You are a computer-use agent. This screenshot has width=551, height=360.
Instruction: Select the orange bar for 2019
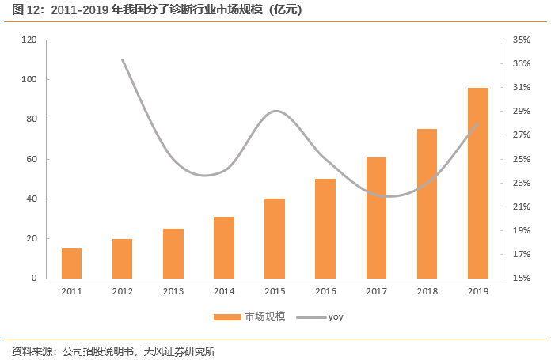[477, 183]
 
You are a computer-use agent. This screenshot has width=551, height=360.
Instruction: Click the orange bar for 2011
[72, 263]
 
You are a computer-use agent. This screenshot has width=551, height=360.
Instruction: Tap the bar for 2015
[275, 238]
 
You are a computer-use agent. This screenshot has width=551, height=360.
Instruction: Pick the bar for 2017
[376, 218]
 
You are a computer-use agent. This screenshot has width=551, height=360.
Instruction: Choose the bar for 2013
[173, 253]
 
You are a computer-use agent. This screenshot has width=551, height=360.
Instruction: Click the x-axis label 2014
[224, 291]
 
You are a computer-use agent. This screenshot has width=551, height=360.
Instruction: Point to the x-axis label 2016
[325, 291]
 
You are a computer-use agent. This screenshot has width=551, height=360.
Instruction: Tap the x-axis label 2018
[427, 291]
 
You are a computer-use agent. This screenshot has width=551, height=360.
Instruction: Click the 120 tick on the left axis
[29, 40]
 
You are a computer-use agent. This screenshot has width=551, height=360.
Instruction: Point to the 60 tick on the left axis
[32, 159]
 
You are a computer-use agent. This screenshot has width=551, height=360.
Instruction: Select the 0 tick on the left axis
[34, 279]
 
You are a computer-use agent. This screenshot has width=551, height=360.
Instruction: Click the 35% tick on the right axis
[521, 40]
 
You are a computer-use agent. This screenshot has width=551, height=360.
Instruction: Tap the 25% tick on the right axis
[521, 159]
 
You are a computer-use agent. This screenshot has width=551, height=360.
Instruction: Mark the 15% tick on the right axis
[521, 279]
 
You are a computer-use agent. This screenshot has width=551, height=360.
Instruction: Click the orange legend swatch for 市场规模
[227, 316]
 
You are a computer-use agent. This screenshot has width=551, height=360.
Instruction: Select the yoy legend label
[336, 316]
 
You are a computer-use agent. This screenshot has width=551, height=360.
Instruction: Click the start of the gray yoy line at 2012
[123, 59]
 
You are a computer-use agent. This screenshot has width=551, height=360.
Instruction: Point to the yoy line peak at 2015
[275, 111]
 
